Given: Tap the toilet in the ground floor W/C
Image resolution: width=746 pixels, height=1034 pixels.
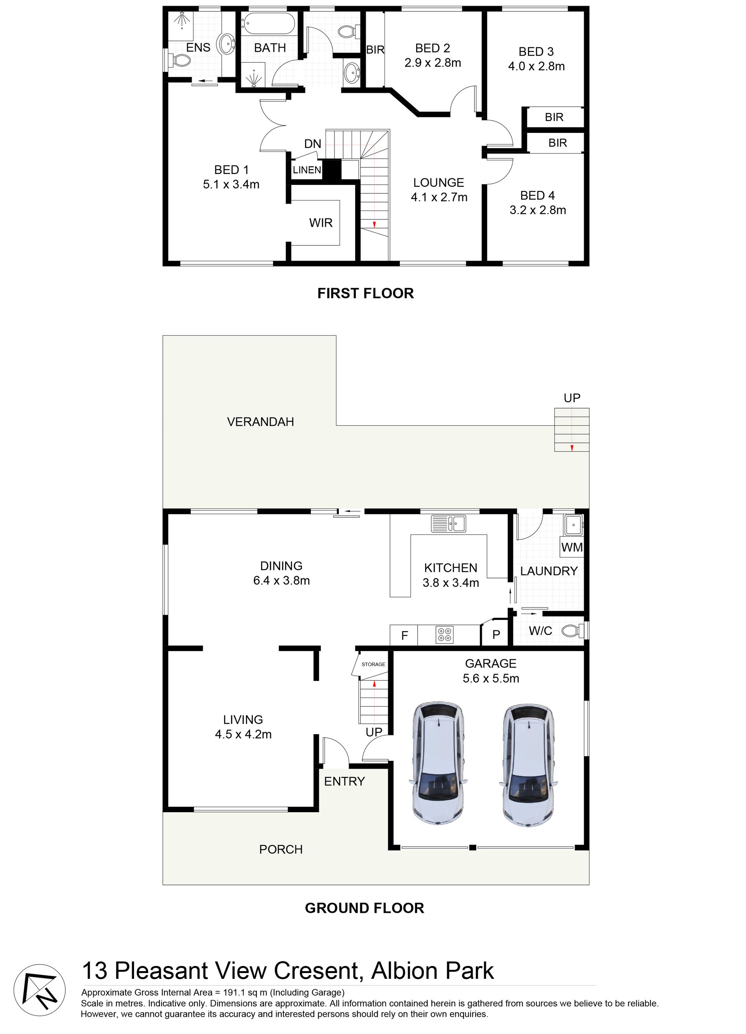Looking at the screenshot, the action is tap(572, 631).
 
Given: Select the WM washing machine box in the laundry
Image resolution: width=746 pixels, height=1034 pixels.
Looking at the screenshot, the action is tap(572, 547).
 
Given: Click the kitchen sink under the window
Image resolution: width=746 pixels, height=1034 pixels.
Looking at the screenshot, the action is tap(449, 523).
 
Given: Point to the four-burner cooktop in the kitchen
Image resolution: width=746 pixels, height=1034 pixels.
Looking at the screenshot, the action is tap(444, 635).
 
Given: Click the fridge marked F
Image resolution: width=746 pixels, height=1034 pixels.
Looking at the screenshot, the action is tap(404, 635).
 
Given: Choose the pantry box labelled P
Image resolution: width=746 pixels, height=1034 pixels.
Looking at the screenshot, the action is tap(496, 634).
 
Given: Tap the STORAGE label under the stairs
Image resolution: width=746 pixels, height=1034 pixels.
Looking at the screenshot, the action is tap(373, 664).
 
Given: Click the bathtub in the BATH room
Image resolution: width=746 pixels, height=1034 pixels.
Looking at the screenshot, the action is tap(268, 24).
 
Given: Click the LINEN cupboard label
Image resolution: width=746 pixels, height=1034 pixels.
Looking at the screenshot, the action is tap(307, 170).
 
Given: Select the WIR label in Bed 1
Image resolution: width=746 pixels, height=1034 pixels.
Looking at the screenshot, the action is tap(321, 223).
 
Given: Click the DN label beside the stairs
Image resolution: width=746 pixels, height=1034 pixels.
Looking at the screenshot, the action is tap(313, 144).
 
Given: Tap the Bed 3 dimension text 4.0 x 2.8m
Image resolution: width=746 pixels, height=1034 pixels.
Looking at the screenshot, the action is tap(536, 66).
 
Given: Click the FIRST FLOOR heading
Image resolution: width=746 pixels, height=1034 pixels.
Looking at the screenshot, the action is tap(366, 293).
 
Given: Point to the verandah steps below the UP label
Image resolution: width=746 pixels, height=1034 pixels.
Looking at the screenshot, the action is tap(572, 430).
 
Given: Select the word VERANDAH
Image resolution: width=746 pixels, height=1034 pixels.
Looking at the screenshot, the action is tap(260, 422).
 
